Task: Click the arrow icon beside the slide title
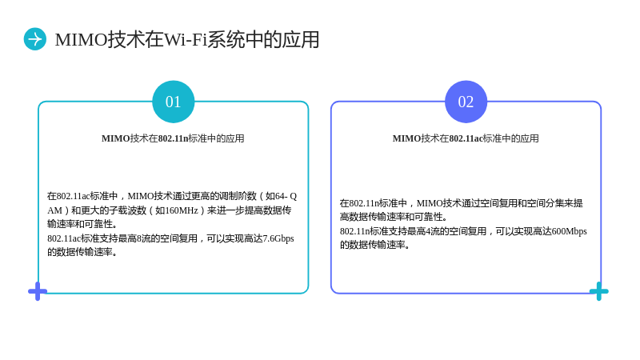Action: pyautogui.click(x=35, y=39)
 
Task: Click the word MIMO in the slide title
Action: pyautogui.click(x=81, y=40)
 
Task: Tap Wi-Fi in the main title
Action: pyautogui.click(x=186, y=40)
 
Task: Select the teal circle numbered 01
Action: pyautogui.click(x=173, y=102)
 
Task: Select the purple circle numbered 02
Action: pyautogui.click(x=466, y=102)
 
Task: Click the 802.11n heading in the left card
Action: pyautogui.click(x=173, y=138)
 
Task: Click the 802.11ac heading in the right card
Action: pyautogui.click(x=466, y=138)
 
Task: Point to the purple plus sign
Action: pyautogui.click(x=38, y=291)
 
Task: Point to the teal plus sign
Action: pyautogui.click(x=598, y=291)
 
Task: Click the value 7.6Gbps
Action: pyautogui.click(x=278, y=238)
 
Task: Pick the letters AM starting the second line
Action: pyautogui.click(x=54, y=210)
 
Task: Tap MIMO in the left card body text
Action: pyautogui.click(x=141, y=196)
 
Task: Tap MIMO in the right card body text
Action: pyautogui.click(x=430, y=203)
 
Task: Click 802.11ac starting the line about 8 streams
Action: pyautogui.click(x=64, y=238)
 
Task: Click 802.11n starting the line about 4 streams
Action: pyautogui.click(x=354, y=231)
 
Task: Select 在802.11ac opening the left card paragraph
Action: pyautogui.click(x=68, y=196)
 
